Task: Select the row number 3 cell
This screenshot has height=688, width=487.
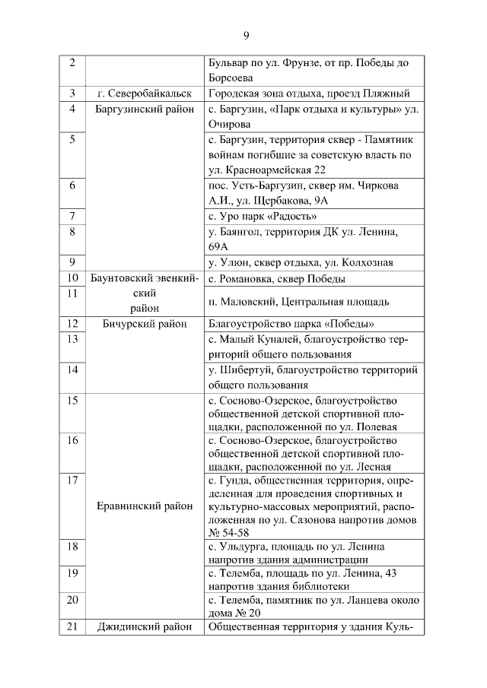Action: (x=72, y=94)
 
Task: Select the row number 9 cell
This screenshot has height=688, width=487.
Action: (x=72, y=263)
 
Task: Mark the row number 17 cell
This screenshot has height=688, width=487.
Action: (x=72, y=480)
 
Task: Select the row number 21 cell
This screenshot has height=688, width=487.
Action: (x=72, y=627)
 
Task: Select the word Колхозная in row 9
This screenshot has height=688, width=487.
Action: (x=369, y=263)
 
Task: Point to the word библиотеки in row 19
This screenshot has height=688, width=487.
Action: (x=317, y=586)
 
